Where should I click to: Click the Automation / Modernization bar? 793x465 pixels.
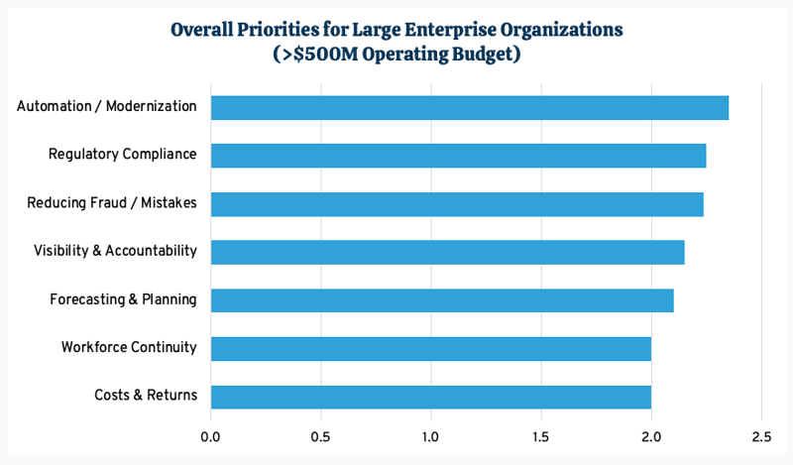pyautogui.click(x=470, y=107)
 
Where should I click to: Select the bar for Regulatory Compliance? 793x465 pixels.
pyautogui.click(x=458, y=156)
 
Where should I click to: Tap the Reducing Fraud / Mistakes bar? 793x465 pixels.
pyautogui.click(x=457, y=204)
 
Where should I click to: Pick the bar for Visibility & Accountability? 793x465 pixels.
pyautogui.click(x=447, y=252)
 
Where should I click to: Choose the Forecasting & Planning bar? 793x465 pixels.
pyautogui.click(x=442, y=300)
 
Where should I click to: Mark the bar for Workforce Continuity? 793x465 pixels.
pyautogui.click(x=431, y=348)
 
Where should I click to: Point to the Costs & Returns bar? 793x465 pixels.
pyautogui.click(x=431, y=397)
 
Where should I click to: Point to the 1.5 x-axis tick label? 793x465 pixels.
pyautogui.click(x=541, y=435)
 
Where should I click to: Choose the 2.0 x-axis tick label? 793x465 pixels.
pyautogui.click(x=651, y=435)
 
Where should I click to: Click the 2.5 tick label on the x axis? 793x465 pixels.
pyautogui.click(x=761, y=435)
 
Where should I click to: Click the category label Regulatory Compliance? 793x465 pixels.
pyautogui.click(x=122, y=155)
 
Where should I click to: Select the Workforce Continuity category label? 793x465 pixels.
pyautogui.click(x=129, y=348)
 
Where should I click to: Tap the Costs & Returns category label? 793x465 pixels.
pyautogui.click(x=146, y=396)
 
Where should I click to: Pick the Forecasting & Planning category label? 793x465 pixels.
pyautogui.click(x=123, y=299)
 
